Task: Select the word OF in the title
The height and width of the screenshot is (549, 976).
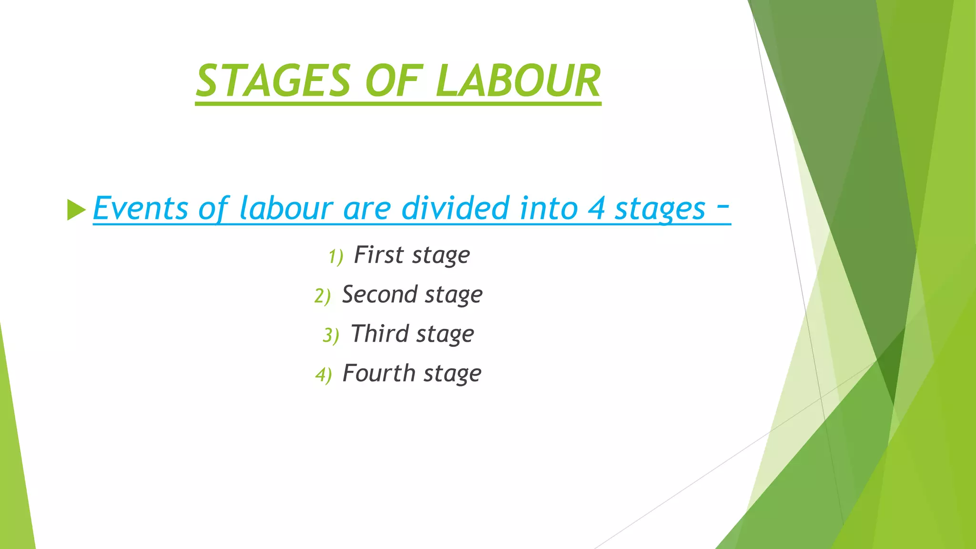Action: [394, 81]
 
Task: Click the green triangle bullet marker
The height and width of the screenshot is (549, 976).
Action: [76, 210]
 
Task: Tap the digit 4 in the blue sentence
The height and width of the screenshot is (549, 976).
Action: [596, 209]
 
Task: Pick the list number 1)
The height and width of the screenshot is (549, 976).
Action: [335, 257]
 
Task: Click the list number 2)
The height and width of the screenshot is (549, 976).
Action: [323, 296]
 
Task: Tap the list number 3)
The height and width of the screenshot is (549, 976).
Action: [331, 335]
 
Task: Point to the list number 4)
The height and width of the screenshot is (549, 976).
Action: [324, 375]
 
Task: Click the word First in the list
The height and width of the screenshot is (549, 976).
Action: [379, 255]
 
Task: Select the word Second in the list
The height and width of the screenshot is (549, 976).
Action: [380, 295]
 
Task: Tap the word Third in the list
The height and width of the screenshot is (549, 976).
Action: [380, 334]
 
